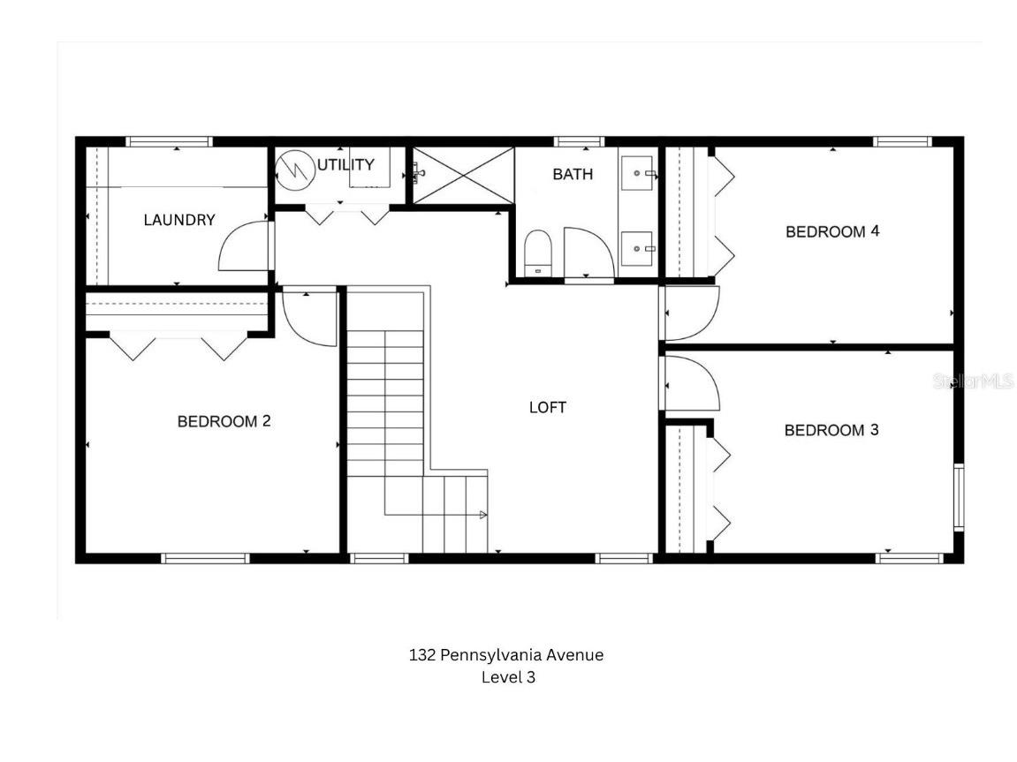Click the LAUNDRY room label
(x=179, y=220)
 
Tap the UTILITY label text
(x=345, y=164)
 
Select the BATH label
(x=573, y=174)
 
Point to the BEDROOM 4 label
(x=832, y=231)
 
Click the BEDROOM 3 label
(x=831, y=430)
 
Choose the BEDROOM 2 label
(x=224, y=421)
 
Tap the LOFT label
(x=547, y=407)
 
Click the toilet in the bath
(x=537, y=253)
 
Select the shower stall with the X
(x=464, y=175)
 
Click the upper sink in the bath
(x=637, y=173)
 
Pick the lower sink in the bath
(x=637, y=248)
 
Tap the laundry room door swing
(x=243, y=246)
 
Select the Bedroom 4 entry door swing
(x=691, y=313)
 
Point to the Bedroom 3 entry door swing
(x=691, y=383)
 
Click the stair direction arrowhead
(x=482, y=514)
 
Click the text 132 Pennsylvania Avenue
(x=506, y=655)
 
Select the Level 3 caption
(x=508, y=678)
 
